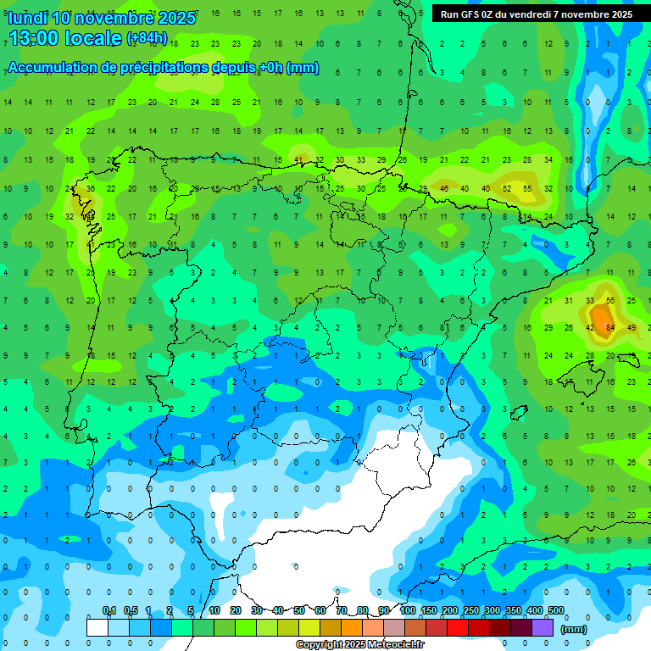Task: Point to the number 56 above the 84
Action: (609, 301)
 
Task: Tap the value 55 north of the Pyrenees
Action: (527, 189)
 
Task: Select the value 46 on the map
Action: (444, 189)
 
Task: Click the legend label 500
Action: (556, 610)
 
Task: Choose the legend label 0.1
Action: (109, 610)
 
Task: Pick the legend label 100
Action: (408, 610)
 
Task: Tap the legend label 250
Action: (470, 610)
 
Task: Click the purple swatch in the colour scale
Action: (543, 627)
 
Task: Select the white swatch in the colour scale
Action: (97, 627)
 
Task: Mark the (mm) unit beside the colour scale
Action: (574, 629)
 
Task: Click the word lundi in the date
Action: (28, 18)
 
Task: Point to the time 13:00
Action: (36, 38)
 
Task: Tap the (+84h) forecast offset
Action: (147, 39)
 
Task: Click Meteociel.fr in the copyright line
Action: (392, 645)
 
